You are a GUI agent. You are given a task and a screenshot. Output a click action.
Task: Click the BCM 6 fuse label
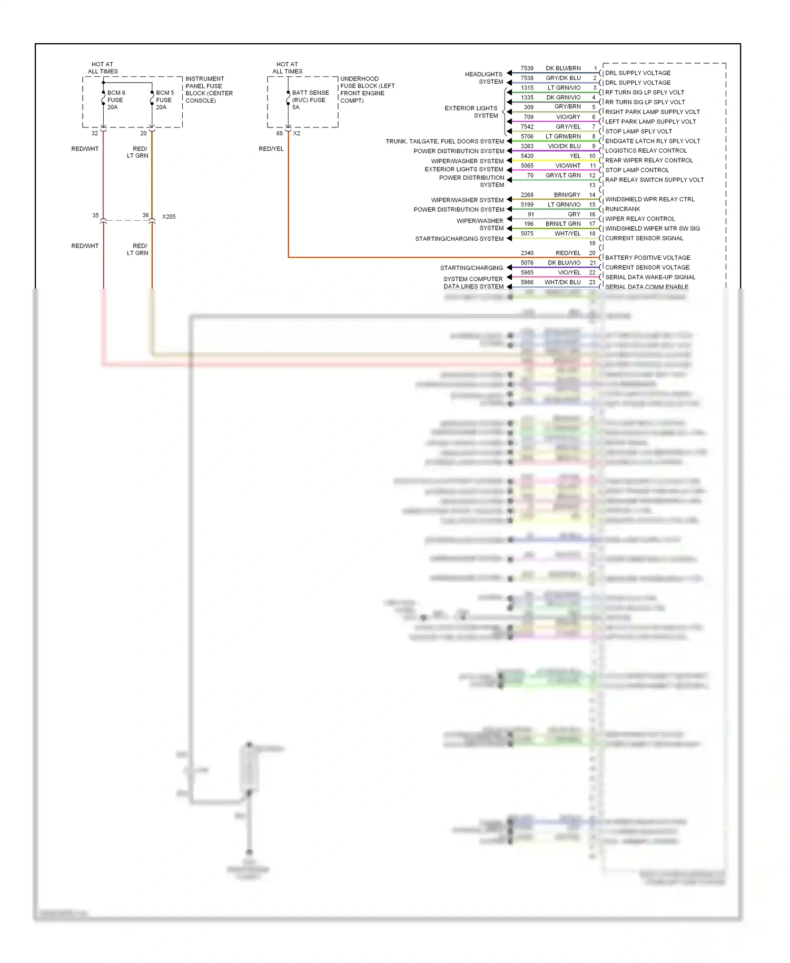click(x=116, y=100)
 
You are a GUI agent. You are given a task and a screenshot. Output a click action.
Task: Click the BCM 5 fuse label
click(x=164, y=100)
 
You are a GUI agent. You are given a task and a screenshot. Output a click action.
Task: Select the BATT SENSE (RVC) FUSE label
click(x=310, y=100)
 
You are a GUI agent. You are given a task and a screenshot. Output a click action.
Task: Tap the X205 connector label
click(x=169, y=217)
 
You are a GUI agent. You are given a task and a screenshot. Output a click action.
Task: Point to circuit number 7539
click(x=527, y=68)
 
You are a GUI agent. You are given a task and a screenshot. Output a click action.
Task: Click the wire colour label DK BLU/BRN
click(x=563, y=68)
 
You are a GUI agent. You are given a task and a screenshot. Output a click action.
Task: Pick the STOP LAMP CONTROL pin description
click(x=637, y=170)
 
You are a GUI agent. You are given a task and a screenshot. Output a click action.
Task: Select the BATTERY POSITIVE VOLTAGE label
click(x=647, y=258)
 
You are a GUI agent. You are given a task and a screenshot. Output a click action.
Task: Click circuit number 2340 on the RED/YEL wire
click(x=527, y=253)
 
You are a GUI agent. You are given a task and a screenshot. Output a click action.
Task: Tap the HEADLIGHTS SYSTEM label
click(x=484, y=78)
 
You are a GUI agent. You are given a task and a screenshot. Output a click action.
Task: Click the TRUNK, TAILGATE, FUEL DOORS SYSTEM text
click(x=445, y=141)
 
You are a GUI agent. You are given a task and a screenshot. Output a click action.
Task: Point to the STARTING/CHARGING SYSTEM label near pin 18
click(x=459, y=239)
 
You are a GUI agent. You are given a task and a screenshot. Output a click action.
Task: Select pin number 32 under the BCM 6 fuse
click(x=95, y=133)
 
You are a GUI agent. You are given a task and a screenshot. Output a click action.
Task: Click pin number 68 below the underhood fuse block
click(x=280, y=133)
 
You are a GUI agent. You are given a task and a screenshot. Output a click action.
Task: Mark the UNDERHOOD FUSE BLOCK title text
click(x=367, y=90)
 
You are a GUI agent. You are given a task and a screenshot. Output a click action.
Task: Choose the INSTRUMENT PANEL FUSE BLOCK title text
click(x=209, y=90)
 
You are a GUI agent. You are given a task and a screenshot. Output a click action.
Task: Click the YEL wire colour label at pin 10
click(x=575, y=156)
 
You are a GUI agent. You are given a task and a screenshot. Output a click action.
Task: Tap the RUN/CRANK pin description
click(x=623, y=209)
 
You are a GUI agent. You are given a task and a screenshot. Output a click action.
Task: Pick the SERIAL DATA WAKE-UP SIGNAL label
click(x=650, y=277)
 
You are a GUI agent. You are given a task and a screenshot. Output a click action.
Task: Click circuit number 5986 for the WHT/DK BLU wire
click(x=527, y=282)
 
